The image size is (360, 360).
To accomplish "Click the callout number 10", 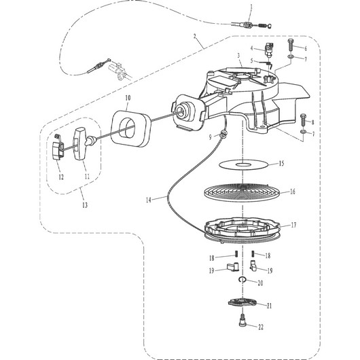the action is coord(128,98).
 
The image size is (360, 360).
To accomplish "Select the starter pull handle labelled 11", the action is coord(79,143).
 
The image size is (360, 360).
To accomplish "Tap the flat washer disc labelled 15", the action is coord(243,164).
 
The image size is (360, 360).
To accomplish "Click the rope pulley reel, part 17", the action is coord(242,230).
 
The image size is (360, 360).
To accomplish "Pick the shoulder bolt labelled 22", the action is coord(242,320).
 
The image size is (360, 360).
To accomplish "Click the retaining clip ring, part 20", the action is coord(242,279).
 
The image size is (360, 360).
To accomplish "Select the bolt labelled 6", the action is coord(290,46).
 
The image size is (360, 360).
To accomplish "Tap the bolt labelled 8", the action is coord(303,120).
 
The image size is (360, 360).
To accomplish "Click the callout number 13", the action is coord(85,205).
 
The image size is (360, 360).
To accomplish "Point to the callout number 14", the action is coord(149,200).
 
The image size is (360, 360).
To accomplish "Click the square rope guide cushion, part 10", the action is coord(130,128).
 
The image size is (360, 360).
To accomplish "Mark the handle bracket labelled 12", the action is coord(58,147).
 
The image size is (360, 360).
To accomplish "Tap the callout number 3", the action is coord(238,55).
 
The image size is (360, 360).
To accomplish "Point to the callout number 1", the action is coord(251,7).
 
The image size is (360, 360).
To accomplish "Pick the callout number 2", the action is coord(195,36).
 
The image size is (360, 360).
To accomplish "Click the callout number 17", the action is coord(293,225).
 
